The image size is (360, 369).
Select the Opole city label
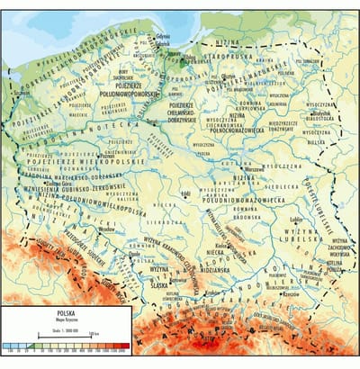[135, 255]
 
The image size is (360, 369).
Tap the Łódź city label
[185, 192]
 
